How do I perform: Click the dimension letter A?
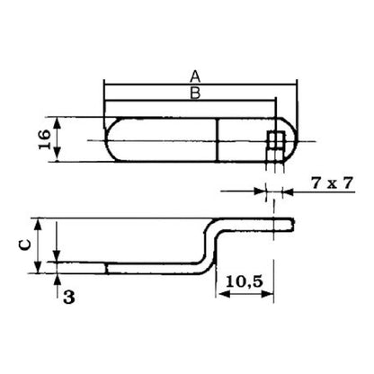pos(195,76)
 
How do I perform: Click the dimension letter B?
pos(195,93)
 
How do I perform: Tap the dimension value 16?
pos(45,139)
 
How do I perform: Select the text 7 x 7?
pos(332,183)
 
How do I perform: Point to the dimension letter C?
pos(25,245)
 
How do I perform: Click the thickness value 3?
pos(69,298)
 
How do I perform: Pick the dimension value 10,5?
pos(245,281)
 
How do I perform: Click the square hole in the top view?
pos(276,140)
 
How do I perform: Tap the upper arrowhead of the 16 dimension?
pos(58,123)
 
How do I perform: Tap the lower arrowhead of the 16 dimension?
pos(58,156)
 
